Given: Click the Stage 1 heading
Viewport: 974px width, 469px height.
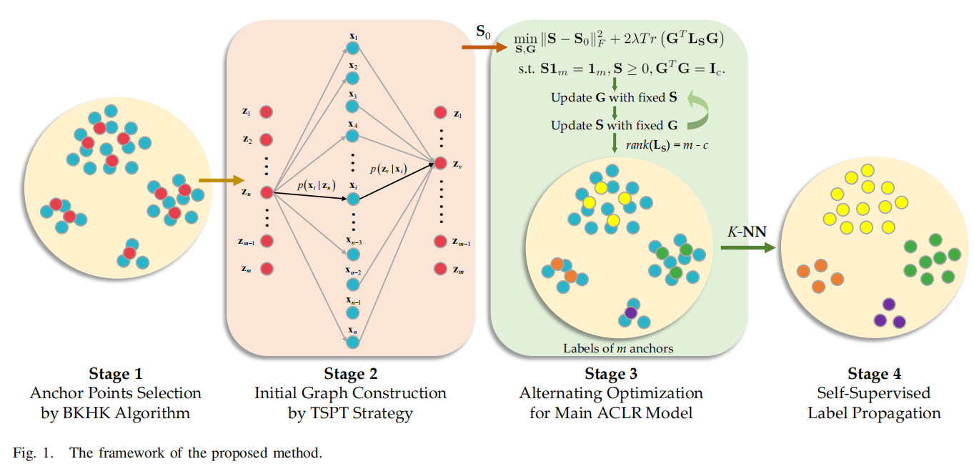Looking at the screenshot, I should coord(115,374).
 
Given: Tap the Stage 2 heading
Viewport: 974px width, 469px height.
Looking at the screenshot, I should coord(350,374).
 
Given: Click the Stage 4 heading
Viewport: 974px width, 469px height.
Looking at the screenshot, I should coord(874,374).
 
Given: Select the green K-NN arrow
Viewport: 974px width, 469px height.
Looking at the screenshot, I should coord(747,248).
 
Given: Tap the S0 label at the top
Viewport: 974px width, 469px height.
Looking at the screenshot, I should coord(484,31).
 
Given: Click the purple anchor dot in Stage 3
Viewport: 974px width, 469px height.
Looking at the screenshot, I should coord(630,312).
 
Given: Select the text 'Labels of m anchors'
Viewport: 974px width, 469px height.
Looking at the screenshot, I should coord(618,349).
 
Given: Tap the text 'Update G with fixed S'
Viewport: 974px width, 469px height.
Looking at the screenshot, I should coord(614,97).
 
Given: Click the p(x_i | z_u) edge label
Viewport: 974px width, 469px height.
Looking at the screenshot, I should coord(317,186).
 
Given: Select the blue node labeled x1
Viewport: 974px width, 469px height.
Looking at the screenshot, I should coord(352,49).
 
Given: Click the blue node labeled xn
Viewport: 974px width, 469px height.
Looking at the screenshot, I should coord(352,342).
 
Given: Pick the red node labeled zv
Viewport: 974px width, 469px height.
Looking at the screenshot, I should coord(441,164).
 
